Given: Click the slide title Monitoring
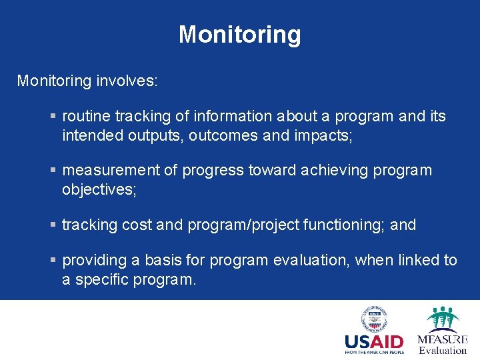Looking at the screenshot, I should pos(239,35).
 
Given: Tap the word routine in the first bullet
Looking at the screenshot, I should pos(84,117).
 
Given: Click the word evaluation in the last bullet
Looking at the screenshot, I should pos(315,261).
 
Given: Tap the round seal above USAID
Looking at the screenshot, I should pos(375,319).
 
